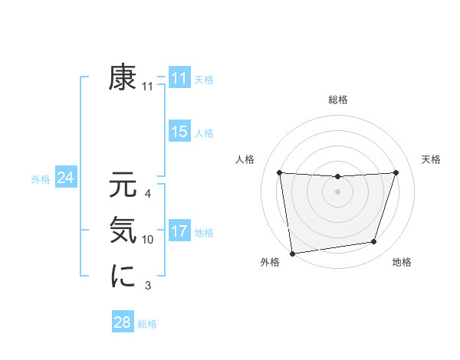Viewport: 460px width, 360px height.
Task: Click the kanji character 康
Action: coord(123,78)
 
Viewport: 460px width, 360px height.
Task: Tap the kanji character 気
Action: coord(123,231)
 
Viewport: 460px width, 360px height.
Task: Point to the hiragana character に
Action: coord(123,277)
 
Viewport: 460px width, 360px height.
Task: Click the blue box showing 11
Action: coord(179,78)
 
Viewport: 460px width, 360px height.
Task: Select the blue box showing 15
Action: coord(179,132)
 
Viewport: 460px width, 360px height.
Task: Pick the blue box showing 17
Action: coord(179,231)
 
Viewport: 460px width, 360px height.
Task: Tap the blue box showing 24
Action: coord(66,178)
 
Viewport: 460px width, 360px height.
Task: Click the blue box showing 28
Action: coord(123,322)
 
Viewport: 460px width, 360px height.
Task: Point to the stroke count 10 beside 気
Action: coord(148,240)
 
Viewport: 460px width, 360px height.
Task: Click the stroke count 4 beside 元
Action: coord(148,194)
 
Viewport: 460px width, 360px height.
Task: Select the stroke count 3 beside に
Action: coord(148,286)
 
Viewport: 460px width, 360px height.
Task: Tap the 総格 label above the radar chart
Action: coord(338,100)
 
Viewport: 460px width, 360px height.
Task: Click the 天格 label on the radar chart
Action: coord(432,159)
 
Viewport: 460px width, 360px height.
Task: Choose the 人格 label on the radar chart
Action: coord(245,159)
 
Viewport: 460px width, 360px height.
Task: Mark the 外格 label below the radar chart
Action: coord(270,263)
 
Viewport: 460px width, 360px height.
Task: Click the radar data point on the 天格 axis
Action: coord(396,172)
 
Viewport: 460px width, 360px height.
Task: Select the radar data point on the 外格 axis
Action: coord(292,252)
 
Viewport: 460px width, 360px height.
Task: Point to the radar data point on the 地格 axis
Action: coord(374,242)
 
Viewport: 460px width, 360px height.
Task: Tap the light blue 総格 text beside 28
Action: coord(147,324)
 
